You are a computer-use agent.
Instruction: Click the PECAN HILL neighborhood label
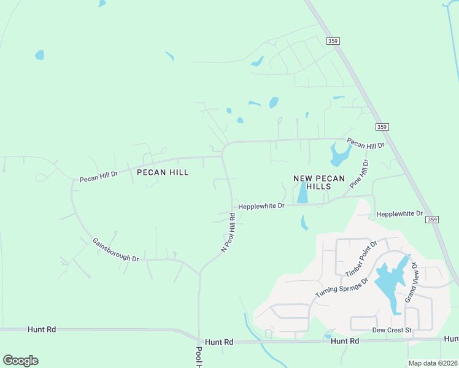click(x=163, y=172)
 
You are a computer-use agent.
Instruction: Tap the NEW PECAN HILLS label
click(x=312, y=182)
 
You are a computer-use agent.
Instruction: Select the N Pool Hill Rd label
click(x=229, y=233)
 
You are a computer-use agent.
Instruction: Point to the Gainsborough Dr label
click(x=115, y=250)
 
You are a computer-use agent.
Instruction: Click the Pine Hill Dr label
click(x=359, y=174)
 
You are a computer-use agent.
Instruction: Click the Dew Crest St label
click(x=391, y=330)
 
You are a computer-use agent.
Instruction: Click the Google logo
click(x=20, y=361)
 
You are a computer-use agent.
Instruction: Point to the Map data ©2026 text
click(x=433, y=363)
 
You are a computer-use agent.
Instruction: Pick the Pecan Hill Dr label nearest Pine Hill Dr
click(x=365, y=145)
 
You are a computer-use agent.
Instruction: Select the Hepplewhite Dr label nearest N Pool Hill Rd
click(x=261, y=206)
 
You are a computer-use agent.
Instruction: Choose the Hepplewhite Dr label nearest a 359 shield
click(x=399, y=213)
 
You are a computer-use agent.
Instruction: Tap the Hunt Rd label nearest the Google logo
click(x=42, y=329)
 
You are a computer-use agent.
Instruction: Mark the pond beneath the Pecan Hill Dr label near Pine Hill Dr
click(x=339, y=155)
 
